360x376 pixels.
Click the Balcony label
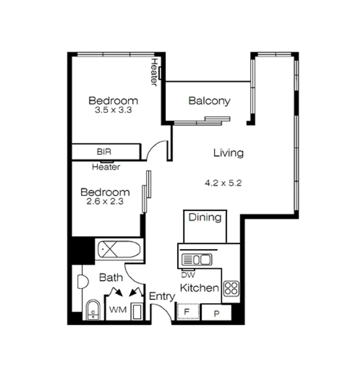coord(209,101)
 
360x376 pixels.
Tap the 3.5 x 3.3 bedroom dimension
coord(113,110)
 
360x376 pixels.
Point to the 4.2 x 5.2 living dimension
coord(223,183)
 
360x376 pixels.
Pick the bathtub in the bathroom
coord(119,249)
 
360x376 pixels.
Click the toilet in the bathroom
coord(93,310)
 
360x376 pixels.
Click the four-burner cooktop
coord(231,288)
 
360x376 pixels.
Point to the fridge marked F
coord(187,312)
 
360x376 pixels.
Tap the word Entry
coord(162,297)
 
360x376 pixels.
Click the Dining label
coord(205,218)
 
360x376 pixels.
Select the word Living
coord(228,153)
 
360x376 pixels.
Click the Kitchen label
coord(199,288)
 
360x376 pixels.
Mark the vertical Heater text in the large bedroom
coord(154,72)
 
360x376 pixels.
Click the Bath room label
coord(111,277)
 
